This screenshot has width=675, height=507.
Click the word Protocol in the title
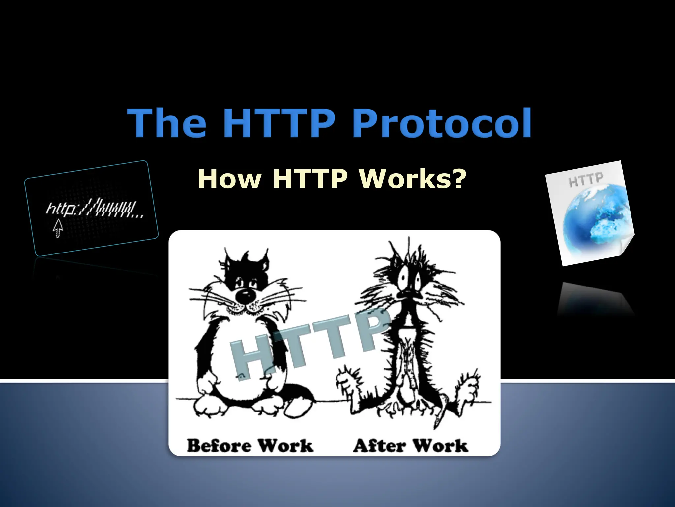click(443, 123)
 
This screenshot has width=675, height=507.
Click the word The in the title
click(167, 123)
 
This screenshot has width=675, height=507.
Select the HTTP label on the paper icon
click(586, 179)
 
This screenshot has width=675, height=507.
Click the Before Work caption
click(250, 445)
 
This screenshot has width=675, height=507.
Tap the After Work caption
click(410, 445)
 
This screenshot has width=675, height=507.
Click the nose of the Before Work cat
click(245, 296)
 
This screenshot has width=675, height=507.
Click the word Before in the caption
click(219, 445)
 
